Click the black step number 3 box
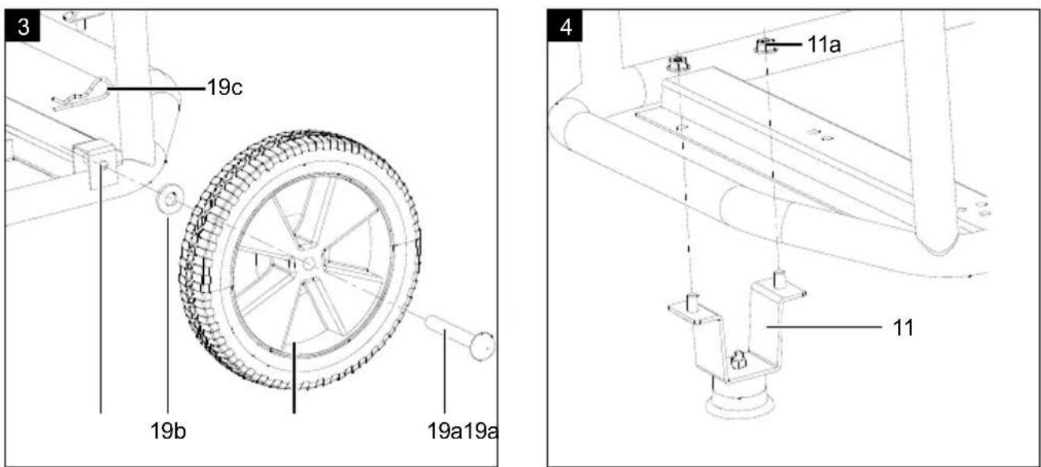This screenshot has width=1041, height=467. click(22, 26)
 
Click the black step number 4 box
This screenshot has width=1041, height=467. click(565, 26)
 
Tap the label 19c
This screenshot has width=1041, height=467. click(225, 87)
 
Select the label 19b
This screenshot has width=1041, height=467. click(168, 431)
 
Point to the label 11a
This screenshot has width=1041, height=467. click(824, 45)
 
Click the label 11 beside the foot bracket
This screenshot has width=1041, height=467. click(904, 328)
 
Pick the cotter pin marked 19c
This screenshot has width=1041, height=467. click(81, 95)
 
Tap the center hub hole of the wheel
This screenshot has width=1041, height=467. click(309, 264)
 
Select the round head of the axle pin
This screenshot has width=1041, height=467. click(483, 345)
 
